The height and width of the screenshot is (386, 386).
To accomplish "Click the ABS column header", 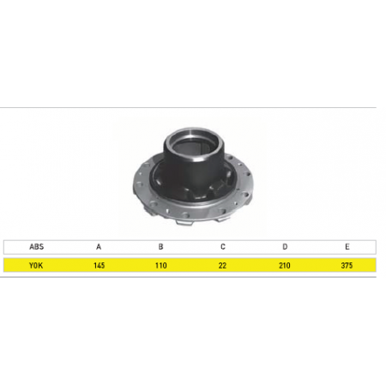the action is click(36, 246).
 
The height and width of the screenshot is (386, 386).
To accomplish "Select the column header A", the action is click(99, 246).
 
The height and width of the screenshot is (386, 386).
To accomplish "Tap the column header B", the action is click(160, 246).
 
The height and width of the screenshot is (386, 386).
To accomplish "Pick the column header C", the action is click(223, 246).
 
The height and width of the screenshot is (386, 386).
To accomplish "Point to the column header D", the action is click(285, 246).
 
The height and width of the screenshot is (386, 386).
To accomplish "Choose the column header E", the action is click(347, 246).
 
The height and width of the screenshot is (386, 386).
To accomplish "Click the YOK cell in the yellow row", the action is click(36, 265).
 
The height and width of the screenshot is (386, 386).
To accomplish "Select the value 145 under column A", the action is click(99, 265).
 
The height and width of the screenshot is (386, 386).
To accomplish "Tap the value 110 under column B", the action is click(161, 265).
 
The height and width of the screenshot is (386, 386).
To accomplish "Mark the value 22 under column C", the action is click(222, 265).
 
